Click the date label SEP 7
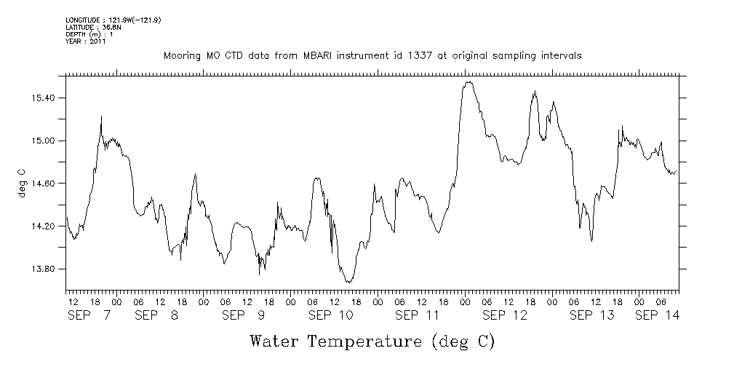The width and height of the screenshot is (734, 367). [x=89, y=315]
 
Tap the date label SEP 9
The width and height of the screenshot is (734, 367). [x=244, y=315]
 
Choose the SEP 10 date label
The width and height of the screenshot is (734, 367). [x=331, y=315]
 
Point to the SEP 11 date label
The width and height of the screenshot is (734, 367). [x=418, y=315]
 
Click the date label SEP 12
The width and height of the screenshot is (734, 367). [x=505, y=315]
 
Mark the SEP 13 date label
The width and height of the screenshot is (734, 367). [x=592, y=315]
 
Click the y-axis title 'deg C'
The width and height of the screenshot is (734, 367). [x=21, y=183]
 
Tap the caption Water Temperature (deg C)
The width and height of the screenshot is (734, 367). [x=372, y=341]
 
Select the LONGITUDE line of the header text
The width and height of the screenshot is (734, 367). [x=113, y=20]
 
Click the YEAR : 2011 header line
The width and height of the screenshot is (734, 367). [x=86, y=42]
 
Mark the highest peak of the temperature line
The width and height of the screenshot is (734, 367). [x=469, y=82]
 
